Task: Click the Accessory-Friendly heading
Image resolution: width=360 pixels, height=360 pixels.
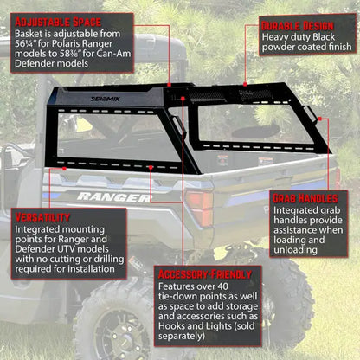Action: [x=205, y=273]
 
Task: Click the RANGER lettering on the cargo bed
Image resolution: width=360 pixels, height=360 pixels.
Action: [x=112, y=196]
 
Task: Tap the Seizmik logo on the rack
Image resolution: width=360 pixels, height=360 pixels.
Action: [x=106, y=99]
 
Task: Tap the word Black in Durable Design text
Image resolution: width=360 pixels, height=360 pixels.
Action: [x=322, y=38]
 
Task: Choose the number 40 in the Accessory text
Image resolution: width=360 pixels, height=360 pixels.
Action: [x=225, y=286]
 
